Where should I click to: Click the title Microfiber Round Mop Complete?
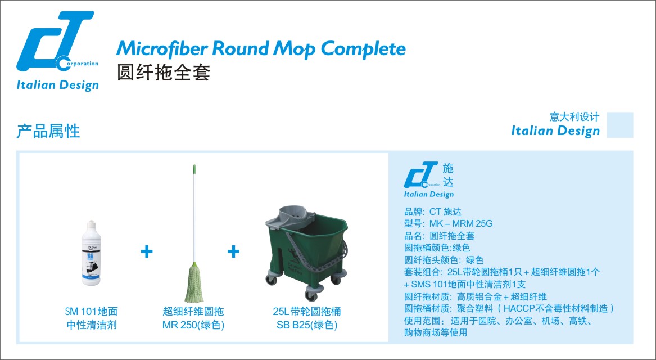[260, 49]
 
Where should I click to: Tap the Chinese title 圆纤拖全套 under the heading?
[164, 73]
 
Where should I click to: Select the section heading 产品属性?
[48, 131]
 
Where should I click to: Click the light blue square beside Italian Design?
[620, 125]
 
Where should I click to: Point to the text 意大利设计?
[574, 117]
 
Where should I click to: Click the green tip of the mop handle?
[195, 169]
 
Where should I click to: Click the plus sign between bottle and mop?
[147, 251]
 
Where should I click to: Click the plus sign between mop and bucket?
[233, 251]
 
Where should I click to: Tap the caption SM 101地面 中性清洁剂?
[91, 318]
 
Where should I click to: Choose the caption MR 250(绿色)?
[193, 325]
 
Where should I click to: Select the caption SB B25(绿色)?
[307, 325]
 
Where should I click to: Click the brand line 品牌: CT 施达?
[432, 211]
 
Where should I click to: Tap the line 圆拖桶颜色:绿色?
[437, 247]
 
